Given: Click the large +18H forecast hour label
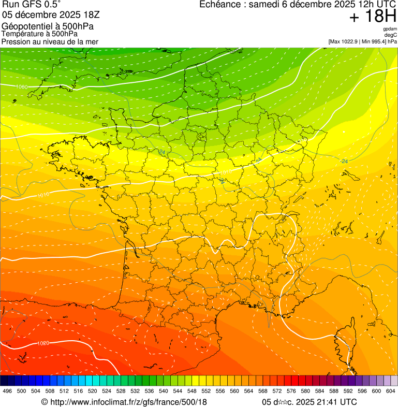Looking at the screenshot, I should point(372,17).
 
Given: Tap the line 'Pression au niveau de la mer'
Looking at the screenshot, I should point(50,41).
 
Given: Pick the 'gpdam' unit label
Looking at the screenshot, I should point(390,29).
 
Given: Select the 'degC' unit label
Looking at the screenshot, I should point(390,35).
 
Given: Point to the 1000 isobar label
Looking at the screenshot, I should point(22,86).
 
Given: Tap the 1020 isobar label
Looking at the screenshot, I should point(43,343).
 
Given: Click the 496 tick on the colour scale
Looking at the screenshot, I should point(7,391).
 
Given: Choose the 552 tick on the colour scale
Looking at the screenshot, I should point(206,391).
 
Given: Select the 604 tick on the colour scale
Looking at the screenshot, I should point(390,391).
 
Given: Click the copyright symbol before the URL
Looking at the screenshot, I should point(45,402).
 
